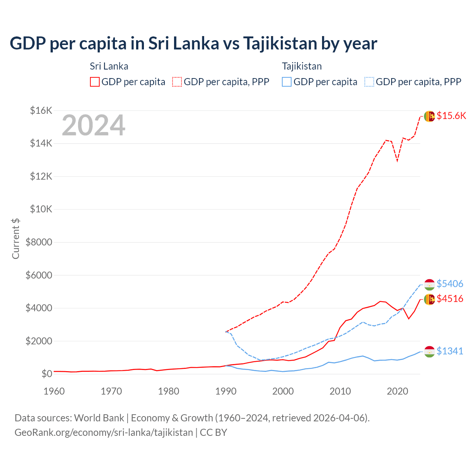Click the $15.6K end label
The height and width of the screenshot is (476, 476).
point(451,116)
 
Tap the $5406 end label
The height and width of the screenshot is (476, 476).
point(450,284)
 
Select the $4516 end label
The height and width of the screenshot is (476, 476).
point(450,299)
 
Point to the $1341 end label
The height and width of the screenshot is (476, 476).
point(450,351)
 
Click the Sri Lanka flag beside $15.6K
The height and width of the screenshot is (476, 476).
point(430,116)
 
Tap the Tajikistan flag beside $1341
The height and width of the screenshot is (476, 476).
point(430,351)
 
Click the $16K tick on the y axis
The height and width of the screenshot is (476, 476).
point(41,110)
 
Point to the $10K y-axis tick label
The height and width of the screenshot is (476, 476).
point(41,209)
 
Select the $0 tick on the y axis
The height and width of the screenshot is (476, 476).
point(46,374)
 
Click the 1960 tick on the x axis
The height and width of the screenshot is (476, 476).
point(54,391)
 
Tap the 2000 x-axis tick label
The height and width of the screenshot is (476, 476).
point(283,391)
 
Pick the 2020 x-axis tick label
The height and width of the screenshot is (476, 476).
point(398,391)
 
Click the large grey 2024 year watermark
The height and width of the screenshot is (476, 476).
point(93,125)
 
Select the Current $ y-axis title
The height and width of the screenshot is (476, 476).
point(16,238)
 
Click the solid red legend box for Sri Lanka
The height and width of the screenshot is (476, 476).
point(95,82)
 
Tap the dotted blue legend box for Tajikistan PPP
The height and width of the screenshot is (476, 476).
point(369,82)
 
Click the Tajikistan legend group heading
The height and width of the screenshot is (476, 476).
point(302,66)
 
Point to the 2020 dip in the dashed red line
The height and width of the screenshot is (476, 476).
point(397,161)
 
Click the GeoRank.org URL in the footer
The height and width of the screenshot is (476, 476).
point(104,432)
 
